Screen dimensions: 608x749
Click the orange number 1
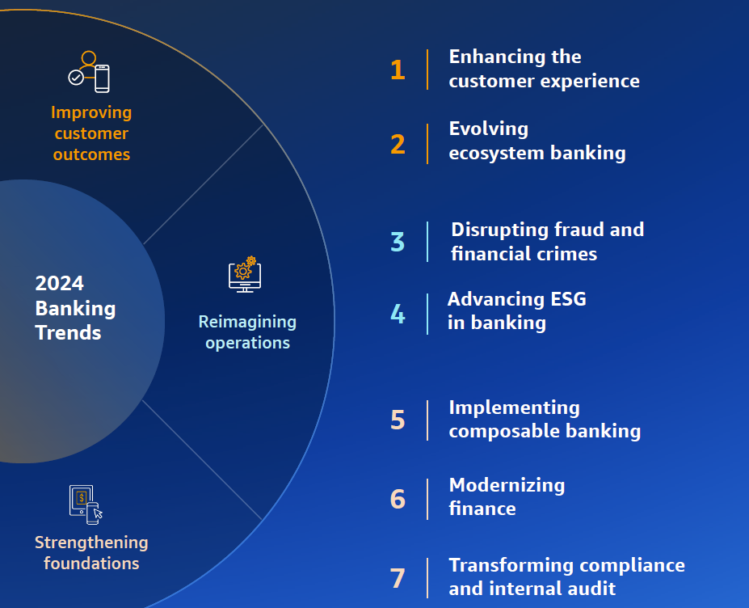pyautogui.click(x=397, y=70)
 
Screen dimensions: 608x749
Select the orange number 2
pyautogui.click(x=398, y=144)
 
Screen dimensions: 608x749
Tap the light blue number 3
pyautogui.click(x=398, y=242)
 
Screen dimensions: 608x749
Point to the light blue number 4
pyautogui.click(x=398, y=314)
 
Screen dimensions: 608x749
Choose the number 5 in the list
pyautogui.click(x=398, y=420)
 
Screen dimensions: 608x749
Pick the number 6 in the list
pyautogui.click(x=398, y=499)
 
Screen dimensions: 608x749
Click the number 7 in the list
pyautogui.click(x=398, y=578)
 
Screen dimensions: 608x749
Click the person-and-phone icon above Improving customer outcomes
pyautogui.click(x=89, y=72)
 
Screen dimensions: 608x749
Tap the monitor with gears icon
pyautogui.click(x=245, y=274)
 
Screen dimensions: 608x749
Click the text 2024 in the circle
pyautogui.click(x=59, y=283)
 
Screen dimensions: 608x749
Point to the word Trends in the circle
pyautogui.click(x=68, y=332)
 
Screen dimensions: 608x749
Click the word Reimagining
pyautogui.click(x=247, y=322)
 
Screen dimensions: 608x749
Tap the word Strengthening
pyautogui.click(x=91, y=542)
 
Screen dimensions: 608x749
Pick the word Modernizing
pyautogui.click(x=507, y=485)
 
